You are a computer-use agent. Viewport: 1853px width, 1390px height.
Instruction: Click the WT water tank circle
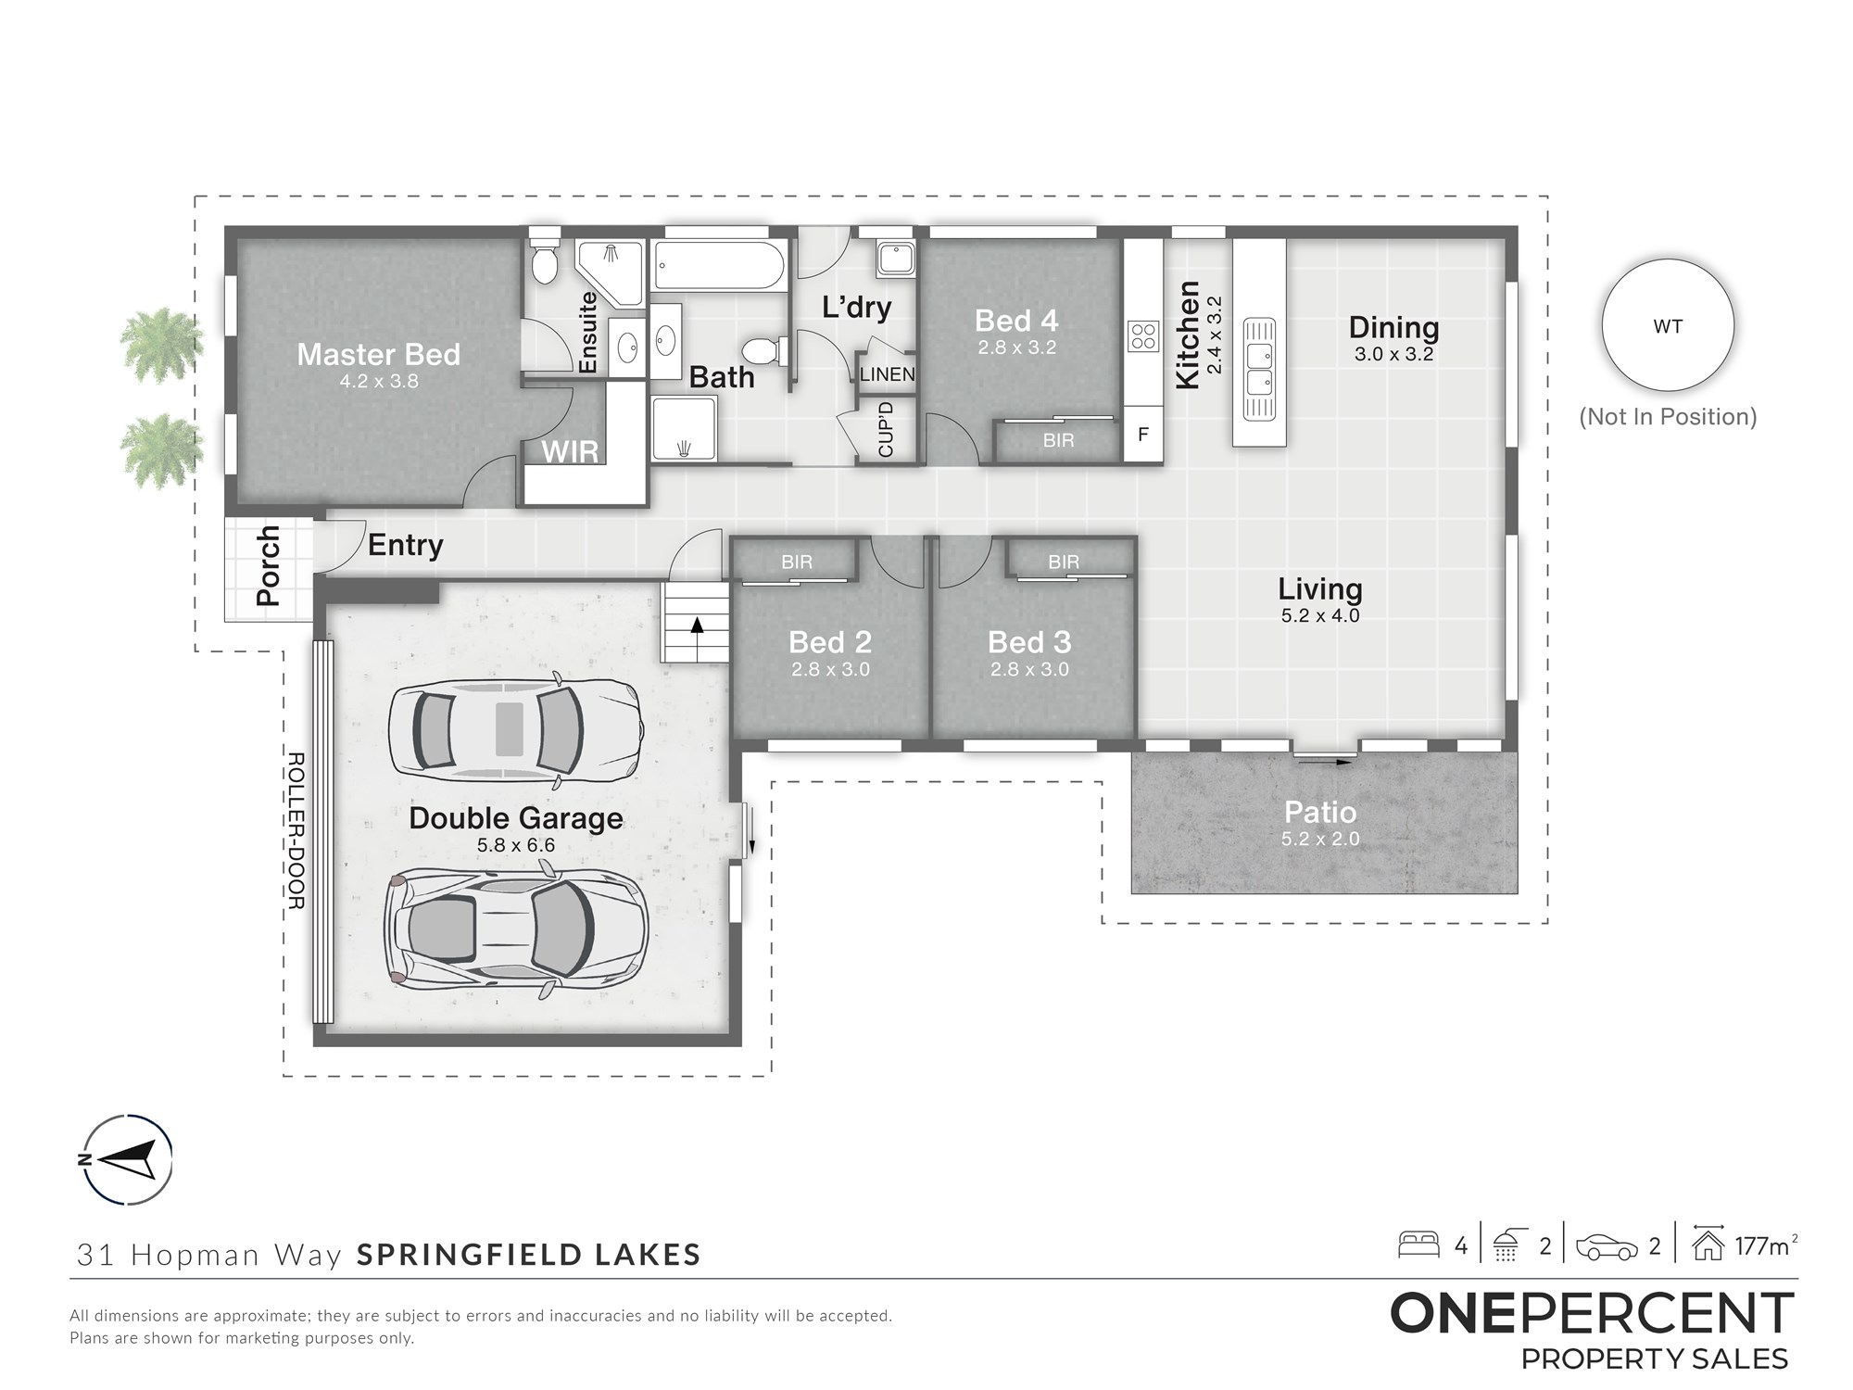click(x=1668, y=325)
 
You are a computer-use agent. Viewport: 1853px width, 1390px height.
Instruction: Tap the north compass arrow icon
click(x=126, y=1159)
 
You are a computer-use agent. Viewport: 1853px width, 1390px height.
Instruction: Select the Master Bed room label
click(x=378, y=355)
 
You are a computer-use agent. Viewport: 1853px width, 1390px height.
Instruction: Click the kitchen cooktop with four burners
click(x=1143, y=335)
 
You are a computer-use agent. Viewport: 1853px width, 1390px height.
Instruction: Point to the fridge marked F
click(x=1143, y=434)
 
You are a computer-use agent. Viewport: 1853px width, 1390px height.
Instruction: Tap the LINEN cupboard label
click(x=887, y=375)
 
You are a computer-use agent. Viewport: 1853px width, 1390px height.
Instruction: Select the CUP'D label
click(x=886, y=429)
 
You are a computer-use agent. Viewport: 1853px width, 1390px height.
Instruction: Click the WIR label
click(x=570, y=452)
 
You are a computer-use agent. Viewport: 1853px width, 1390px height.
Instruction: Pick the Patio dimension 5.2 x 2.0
click(x=1320, y=839)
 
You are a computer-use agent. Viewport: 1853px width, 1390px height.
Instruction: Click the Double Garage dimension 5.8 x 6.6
click(x=515, y=844)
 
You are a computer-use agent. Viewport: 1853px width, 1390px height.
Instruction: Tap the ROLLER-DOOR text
click(x=296, y=830)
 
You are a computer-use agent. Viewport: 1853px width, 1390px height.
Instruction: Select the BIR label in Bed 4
click(x=1058, y=441)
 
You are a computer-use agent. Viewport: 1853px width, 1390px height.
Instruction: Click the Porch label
click(x=268, y=565)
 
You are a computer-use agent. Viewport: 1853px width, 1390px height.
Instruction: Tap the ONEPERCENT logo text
click(x=1592, y=1313)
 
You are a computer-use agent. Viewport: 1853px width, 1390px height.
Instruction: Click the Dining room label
click(x=1393, y=327)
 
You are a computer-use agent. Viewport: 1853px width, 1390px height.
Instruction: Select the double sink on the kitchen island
click(x=1259, y=369)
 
